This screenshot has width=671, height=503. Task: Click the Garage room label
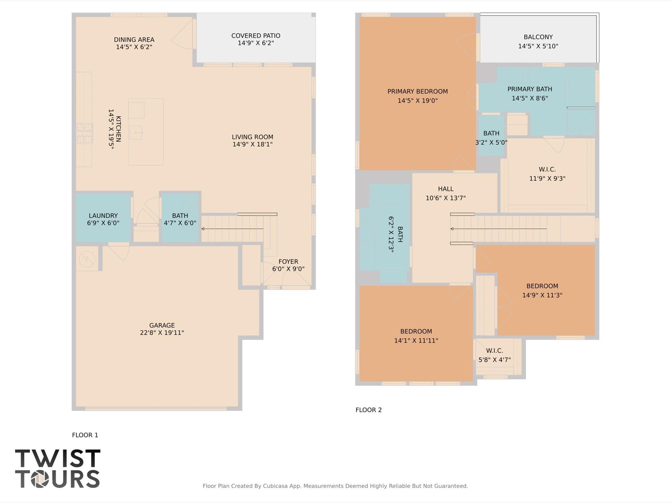click(x=162, y=325)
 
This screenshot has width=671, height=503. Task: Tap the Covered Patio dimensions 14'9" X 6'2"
click(x=256, y=43)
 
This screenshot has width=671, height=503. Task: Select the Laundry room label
click(x=103, y=216)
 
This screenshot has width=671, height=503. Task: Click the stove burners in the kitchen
click(x=84, y=133)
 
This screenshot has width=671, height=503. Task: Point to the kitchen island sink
click(x=136, y=132)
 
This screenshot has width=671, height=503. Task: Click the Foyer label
click(x=288, y=261)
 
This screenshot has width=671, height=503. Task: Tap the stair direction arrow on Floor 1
click(x=232, y=229)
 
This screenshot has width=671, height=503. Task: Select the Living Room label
click(x=252, y=137)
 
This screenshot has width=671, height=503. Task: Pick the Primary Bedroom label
click(x=417, y=91)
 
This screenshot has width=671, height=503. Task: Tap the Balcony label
click(x=538, y=37)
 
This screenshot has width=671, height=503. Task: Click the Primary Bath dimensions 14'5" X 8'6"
click(x=530, y=98)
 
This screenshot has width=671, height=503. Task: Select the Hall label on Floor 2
click(x=445, y=189)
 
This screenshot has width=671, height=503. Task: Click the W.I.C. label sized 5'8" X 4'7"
click(x=494, y=351)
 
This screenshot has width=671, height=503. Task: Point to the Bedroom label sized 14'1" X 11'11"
click(x=416, y=331)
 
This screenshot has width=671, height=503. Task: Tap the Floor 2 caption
click(x=368, y=410)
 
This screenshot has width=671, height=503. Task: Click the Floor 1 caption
click(x=85, y=435)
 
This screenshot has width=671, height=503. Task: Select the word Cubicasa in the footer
click(x=275, y=486)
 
